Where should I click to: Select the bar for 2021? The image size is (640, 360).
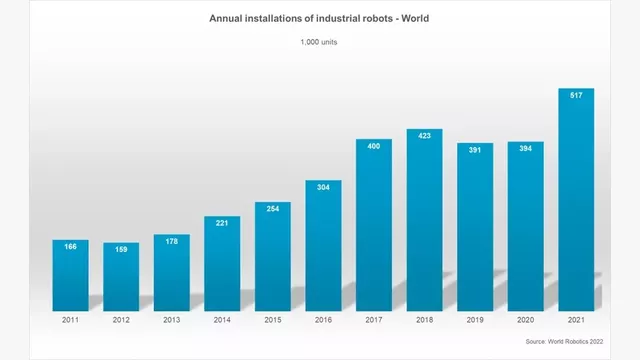[x=576, y=200]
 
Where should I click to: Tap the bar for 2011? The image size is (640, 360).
[x=70, y=275]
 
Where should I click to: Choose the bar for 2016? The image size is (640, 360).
[x=323, y=245]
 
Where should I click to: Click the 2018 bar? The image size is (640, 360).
[x=424, y=220]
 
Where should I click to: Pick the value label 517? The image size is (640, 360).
[x=576, y=96]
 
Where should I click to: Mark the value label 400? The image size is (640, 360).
[x=374, y=147]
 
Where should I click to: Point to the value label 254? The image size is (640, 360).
[x=272, y=210]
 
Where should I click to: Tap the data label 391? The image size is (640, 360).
[x=475, y=150]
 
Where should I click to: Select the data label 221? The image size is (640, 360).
[x=222, y=223]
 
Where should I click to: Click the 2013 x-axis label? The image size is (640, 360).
[x=171, y=320]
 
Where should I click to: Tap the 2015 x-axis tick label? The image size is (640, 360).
[x=272, y=320]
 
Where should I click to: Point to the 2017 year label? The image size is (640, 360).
[x=374, y=320]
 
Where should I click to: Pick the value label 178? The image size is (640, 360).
[x=171, y=241]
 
